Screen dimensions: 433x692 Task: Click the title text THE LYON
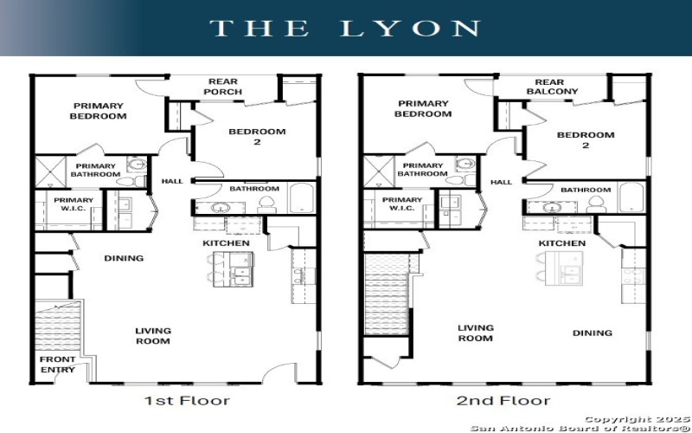345,28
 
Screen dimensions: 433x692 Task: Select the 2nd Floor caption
503,400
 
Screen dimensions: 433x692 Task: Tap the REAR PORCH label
223,87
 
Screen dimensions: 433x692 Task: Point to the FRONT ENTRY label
57,365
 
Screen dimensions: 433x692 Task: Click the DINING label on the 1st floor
124,258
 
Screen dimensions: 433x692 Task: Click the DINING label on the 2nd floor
593,333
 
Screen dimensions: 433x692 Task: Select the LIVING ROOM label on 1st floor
152,335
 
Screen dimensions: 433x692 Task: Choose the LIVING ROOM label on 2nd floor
475,333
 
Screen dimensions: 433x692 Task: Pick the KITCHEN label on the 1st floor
226,243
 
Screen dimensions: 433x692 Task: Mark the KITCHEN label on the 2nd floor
562,243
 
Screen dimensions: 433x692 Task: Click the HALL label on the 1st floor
172,181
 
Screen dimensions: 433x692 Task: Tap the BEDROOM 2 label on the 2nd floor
586,140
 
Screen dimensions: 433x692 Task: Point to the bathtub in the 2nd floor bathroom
631,197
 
